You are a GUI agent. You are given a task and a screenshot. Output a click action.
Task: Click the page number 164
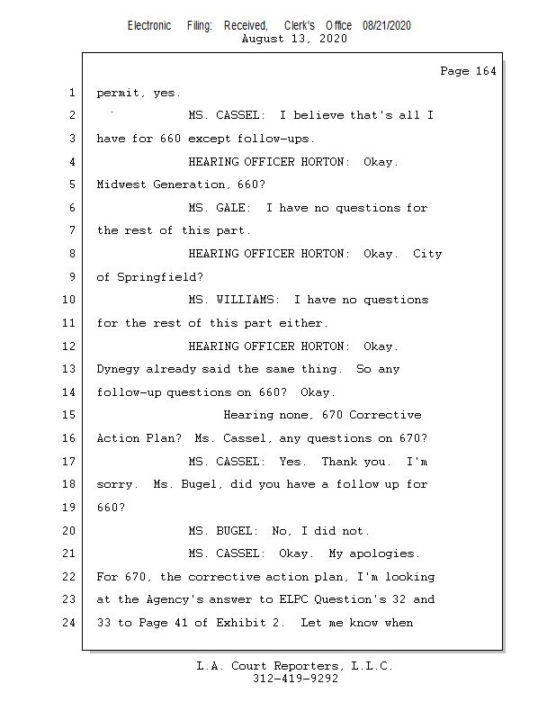[485, 71]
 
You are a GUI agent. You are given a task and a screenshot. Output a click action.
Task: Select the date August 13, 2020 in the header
[295, 39]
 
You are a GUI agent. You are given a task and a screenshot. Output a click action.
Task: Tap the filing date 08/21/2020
[387, 26]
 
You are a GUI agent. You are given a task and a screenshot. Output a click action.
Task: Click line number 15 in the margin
[70, 415]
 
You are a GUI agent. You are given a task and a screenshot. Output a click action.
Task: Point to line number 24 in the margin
[70, 623]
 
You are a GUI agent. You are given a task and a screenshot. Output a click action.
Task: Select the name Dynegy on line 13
[118, 369]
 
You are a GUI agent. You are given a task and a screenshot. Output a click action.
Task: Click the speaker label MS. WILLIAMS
[235, 300]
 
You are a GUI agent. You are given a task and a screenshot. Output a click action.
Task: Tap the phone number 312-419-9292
[295, 679]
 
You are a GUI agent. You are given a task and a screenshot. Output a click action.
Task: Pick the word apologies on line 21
[381, 553]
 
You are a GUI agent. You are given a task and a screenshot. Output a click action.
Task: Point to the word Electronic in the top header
[149, 26]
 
